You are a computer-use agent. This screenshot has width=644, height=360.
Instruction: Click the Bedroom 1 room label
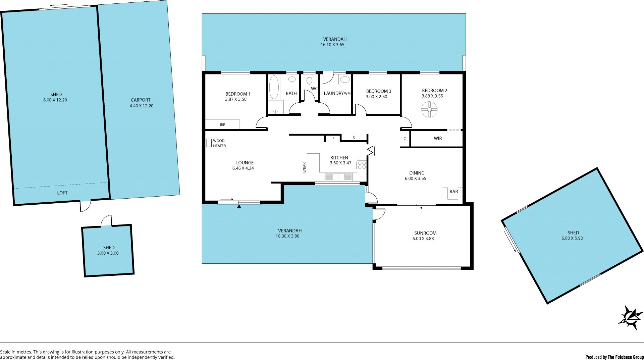(238, 94)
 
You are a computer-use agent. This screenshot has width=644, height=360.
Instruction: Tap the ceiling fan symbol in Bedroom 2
(429, 109)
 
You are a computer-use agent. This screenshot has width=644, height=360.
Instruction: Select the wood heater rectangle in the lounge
(209, 143)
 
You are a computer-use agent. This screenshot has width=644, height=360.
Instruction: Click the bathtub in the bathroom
(274, 87)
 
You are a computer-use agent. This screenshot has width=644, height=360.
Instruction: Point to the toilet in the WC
(309, 80)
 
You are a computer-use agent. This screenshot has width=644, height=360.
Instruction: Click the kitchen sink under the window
(338, 177)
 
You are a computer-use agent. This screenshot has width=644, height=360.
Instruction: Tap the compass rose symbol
(631, 317)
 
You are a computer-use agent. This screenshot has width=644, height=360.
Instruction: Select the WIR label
(438, 138)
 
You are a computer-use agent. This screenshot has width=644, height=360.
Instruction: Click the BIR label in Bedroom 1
(223, 124)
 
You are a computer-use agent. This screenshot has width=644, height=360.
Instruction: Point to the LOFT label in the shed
(62, 193)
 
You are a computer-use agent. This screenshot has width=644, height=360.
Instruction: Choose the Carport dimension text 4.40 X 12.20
(142, 106)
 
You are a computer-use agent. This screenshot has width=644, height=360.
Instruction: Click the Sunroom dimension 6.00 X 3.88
(423, 239)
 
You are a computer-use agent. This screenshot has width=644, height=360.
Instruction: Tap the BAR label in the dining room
(454, 192)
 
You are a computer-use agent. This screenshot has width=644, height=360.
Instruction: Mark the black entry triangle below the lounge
(239, 207)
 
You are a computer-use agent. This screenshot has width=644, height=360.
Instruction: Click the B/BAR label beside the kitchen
(304, 167)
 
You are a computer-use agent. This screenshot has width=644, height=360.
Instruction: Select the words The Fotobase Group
(626, 357)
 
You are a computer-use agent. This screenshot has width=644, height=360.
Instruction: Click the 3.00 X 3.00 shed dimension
(108, 253)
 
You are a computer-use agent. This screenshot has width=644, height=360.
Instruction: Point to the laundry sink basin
(344, 80)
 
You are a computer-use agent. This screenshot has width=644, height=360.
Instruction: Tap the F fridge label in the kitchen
(333, 139)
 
